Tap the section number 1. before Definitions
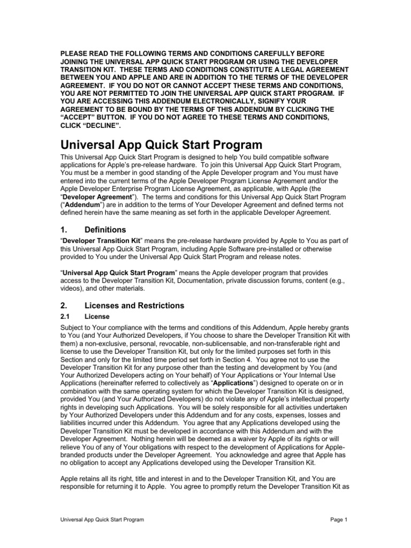[64, 230]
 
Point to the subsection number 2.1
[65, 317]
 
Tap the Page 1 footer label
[339, 520]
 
